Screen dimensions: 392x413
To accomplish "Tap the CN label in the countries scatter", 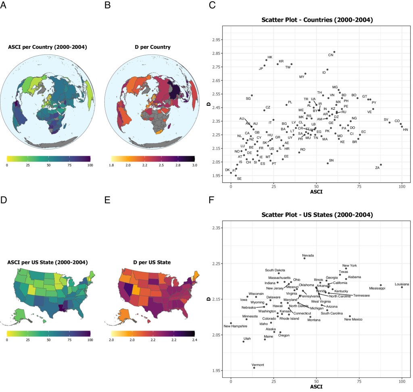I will click(x=331, y=55).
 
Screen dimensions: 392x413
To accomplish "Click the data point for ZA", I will click(x=381, y=165).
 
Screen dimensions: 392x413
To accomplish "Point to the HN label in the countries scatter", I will click(x=405, y=130).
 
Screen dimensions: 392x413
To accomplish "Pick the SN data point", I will click(x=327, y=163).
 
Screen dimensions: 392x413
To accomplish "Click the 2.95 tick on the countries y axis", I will click(x=217, y=40).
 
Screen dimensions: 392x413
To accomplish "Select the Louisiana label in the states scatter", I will click(x=402, y=284).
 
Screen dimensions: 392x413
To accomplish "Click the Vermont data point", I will click(x=254, y=368).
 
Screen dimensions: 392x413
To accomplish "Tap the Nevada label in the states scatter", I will click(x=308, y=255).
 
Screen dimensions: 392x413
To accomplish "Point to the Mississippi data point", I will click(x=381, y=285).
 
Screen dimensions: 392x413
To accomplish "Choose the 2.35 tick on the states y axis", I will click(x=217, y=228).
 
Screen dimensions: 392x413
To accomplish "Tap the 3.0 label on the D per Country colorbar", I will click(x=194, y=166).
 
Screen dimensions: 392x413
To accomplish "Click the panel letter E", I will click(x=107, y=199).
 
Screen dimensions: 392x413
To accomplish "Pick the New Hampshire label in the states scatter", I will click(x=236, y=326).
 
